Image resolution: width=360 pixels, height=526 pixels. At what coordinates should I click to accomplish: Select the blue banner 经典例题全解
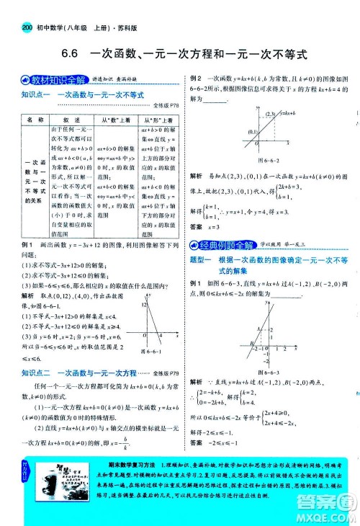222,246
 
